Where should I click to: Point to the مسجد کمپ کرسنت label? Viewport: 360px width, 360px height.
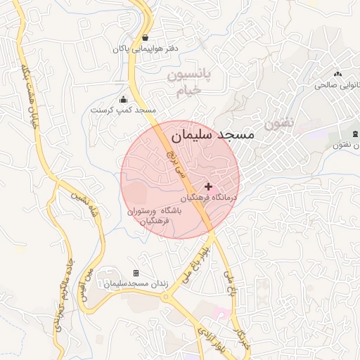click(x=124, y=110)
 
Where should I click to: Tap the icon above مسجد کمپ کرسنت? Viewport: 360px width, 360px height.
click(x=124, y=99)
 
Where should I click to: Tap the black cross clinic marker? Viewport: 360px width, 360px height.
click(x=208, y=186)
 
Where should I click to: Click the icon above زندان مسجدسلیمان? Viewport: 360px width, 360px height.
click(x=136, y=273)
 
